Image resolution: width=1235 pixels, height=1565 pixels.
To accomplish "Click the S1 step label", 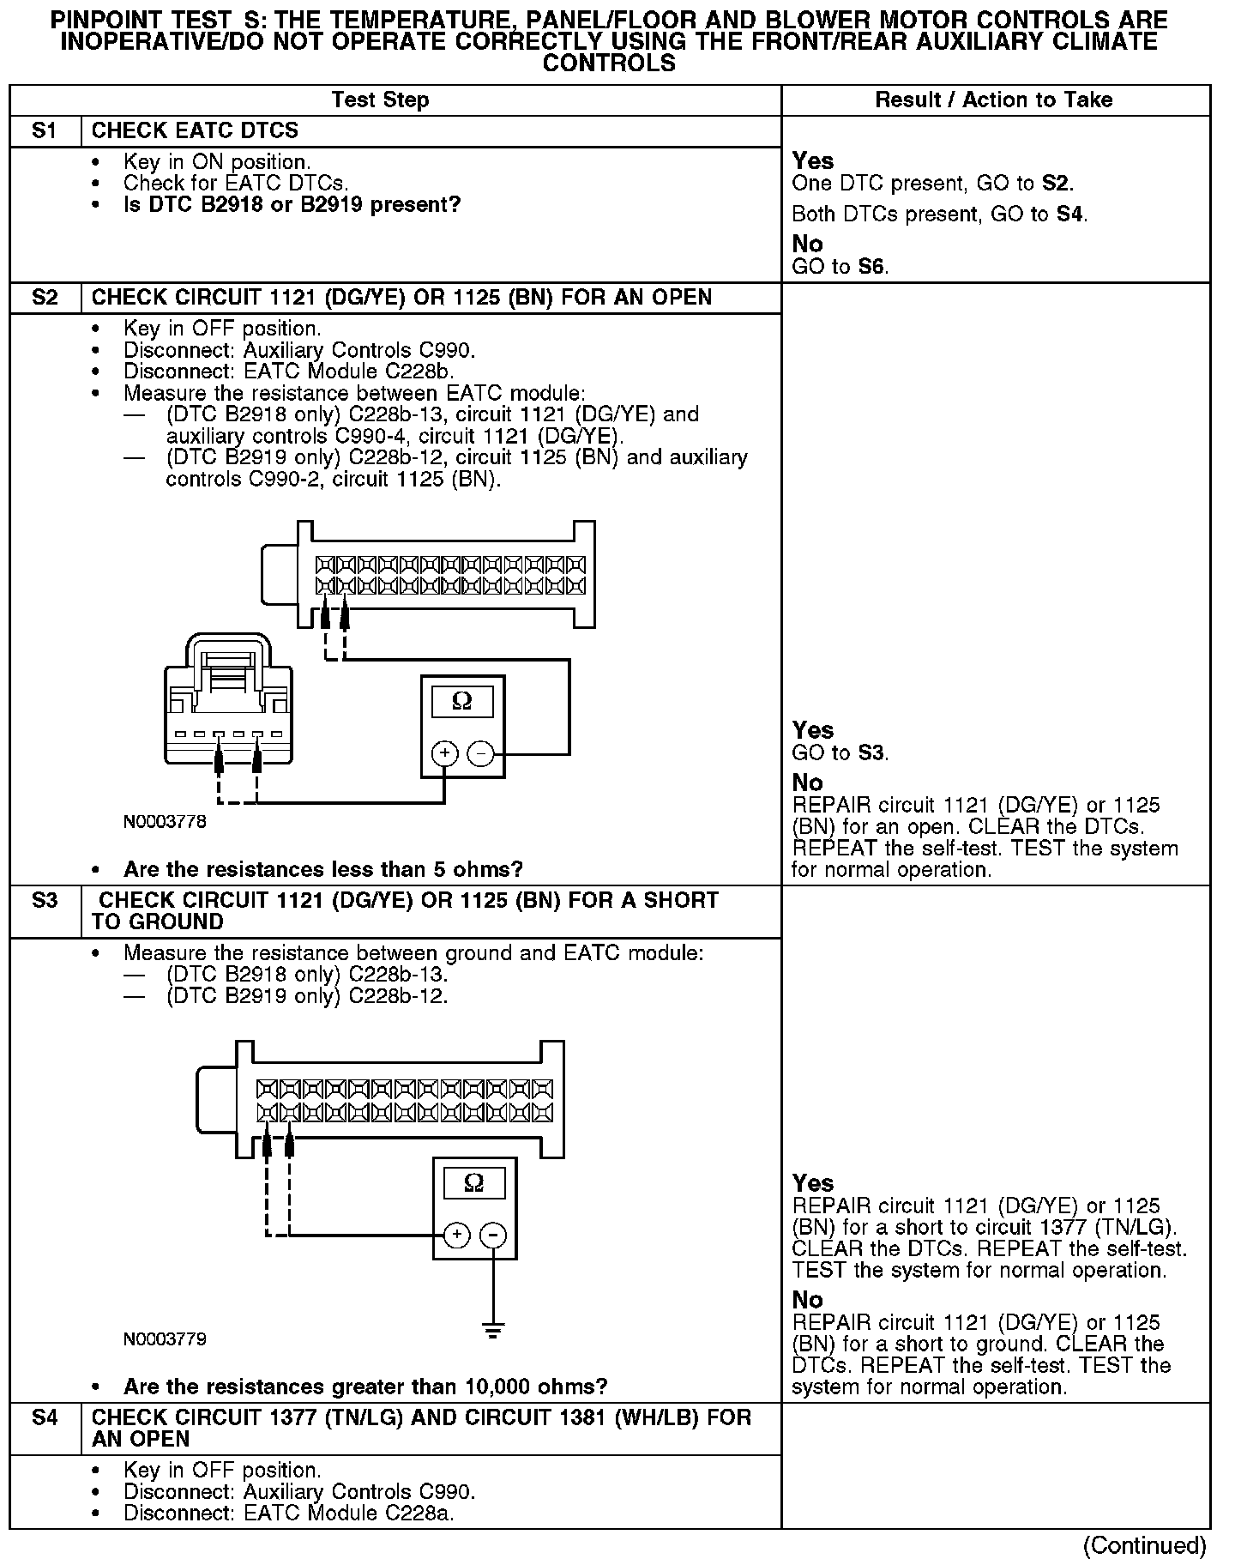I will click(x=45, y=131).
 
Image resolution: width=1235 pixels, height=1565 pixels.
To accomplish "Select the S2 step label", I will click(x=45, y=298).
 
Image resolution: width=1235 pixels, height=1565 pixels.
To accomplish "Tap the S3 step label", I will click(x=45, y=901).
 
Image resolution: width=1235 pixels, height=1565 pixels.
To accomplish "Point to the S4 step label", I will click(x=45, y=1418).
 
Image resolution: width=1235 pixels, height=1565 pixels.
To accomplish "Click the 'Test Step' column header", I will click(x=380, y=100).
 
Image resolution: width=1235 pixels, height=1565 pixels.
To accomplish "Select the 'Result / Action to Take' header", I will click(x=993, y=100).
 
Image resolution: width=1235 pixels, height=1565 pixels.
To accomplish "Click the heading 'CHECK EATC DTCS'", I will click(x=195, y=131).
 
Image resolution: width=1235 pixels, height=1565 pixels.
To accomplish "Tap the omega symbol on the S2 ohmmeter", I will click(x=462, y=703).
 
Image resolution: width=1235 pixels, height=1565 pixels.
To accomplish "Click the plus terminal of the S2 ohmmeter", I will click(x=445, y=753).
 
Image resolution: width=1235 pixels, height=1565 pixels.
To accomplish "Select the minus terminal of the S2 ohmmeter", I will click(x=481, y=753).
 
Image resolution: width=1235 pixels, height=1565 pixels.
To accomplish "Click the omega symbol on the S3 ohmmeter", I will click(x=474, y=1184).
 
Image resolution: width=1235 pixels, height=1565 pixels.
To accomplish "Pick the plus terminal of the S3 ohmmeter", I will click(x=457, y=1235).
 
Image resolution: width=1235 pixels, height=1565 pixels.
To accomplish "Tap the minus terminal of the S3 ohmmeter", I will click(x=493, y=1235).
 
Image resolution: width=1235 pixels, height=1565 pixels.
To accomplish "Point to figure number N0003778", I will click(x=165, y=822).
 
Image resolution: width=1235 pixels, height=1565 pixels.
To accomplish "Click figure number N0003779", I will click(x=165, y=1339).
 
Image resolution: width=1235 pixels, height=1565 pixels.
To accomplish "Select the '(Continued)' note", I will click(x=1144, y=1546).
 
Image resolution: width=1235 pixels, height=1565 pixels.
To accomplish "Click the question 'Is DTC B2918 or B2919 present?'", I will click(x=292, y=205).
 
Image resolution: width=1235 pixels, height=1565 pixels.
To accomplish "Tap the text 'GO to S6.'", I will click(x=840, y=267).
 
